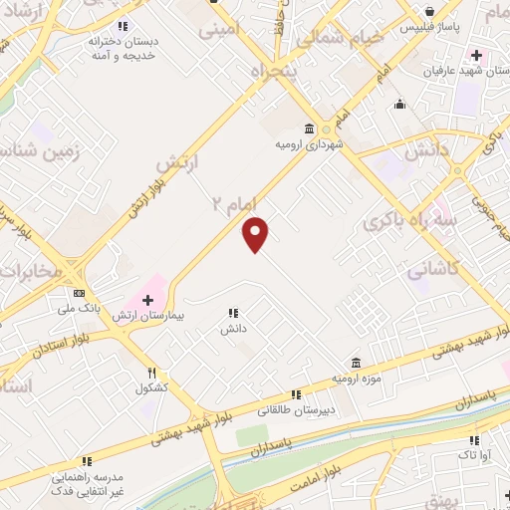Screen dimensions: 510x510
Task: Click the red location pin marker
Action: point(256,233)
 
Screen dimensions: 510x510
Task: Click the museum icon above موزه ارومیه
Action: point(356,362)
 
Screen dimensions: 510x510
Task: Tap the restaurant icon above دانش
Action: point(233,313)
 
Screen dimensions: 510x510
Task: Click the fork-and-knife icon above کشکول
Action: point(152,373)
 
